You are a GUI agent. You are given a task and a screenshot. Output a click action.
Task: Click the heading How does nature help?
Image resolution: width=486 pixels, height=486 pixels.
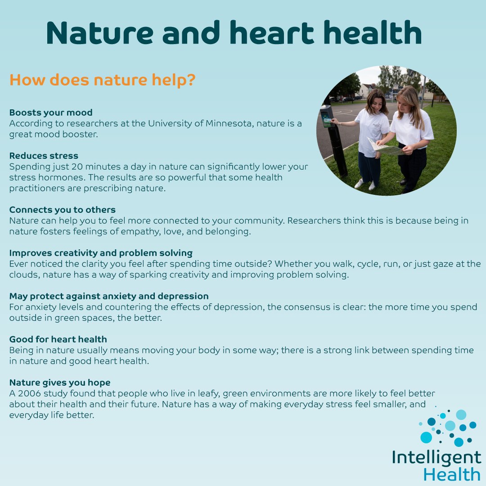point(102,81)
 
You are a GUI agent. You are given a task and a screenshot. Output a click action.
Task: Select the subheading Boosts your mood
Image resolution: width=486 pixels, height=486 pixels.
point(51,112)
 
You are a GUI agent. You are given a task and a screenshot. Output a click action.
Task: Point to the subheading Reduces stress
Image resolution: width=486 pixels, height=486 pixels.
point(44,156)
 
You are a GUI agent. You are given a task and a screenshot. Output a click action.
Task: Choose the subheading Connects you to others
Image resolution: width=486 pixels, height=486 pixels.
point(63,210)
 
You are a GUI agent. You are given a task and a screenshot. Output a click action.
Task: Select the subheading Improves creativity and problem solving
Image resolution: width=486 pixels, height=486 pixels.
point(101,253)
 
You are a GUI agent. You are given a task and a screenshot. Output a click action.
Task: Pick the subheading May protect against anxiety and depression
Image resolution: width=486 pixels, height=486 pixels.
point(109,296)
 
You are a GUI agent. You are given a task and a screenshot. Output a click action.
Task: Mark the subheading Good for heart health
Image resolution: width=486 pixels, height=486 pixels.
point(58,339)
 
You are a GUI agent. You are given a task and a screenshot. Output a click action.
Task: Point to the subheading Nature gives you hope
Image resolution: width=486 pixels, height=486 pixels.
point(60,382)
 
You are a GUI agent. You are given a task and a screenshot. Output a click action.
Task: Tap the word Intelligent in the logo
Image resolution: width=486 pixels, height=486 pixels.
point(436,458)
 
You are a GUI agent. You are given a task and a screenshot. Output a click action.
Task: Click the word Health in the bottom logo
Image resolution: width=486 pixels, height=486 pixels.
point(452,474)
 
